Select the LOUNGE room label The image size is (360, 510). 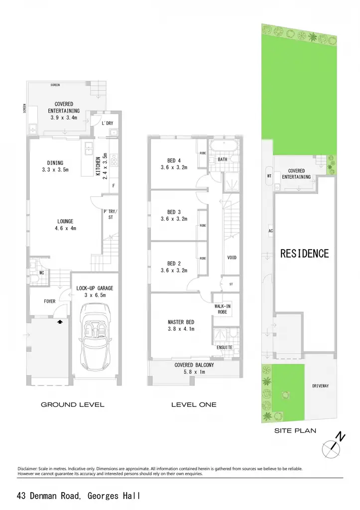coord(65,221)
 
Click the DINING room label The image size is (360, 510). coord(55,163)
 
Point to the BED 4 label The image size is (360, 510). coord(174,160)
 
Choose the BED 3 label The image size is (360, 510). coord(174,212)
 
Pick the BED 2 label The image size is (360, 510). coord(174,263)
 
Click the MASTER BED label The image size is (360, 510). coord(181,322)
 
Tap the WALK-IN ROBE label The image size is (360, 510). coord(223,309)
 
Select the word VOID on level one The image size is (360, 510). coord(232,257)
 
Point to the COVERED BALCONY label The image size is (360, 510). coord(194,365)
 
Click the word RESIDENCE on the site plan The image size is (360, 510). coord(304,254)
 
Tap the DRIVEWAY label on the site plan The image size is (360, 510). coord(320,386)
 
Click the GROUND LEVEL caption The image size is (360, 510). coord(73,404)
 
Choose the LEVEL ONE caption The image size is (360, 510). coord(194,404)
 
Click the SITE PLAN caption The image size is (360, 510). coord(295,431)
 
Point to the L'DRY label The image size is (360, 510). coord(108,124)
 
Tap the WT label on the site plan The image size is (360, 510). coord(269,176)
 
